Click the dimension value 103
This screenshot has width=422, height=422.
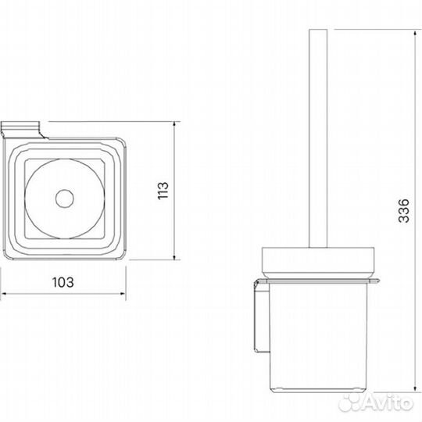[x=63, y=282]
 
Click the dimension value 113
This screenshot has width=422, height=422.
[x=163, y=191]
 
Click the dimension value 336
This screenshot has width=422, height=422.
[x=404, y=211]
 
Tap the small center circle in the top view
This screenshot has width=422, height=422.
[x=65, y=198]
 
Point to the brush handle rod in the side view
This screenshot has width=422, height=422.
[x=318, y=138]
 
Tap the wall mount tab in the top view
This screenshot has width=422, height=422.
[x=22, y=130]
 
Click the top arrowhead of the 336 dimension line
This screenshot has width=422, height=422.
[x=415, y=33]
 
